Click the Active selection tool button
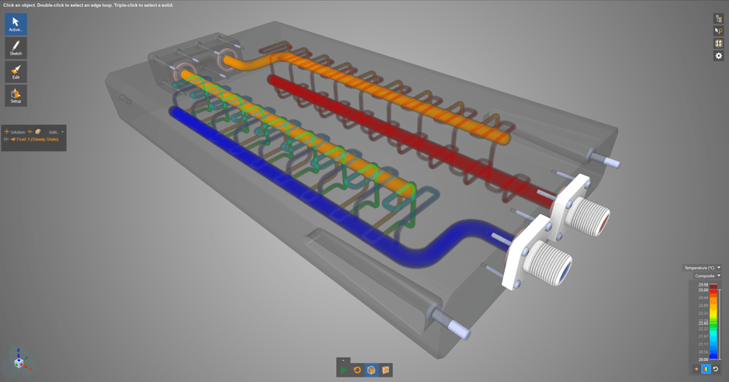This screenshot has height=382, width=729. click(16, 24)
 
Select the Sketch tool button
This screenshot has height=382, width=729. click(16, 48)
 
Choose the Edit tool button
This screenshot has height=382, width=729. click(16, 72)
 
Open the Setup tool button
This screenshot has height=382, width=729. click(16, 95)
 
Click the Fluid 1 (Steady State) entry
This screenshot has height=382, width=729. click(36, 139)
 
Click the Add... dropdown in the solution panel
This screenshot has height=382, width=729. click(55, 132)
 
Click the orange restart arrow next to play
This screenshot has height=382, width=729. click(358, 370)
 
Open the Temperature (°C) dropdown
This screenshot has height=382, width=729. click(701, 268)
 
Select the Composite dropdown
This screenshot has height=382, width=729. click(707, 276)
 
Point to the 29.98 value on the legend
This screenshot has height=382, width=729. click(703, 285)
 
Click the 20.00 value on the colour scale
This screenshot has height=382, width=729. click(703, 359)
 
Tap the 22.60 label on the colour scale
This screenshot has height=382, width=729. click(703, 323)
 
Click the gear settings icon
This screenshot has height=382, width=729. click(718, 56)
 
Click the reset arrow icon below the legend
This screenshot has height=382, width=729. click(716, 370)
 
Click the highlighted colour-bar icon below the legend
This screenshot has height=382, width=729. click(706, 370)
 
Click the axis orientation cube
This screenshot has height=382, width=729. click(19, 359)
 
